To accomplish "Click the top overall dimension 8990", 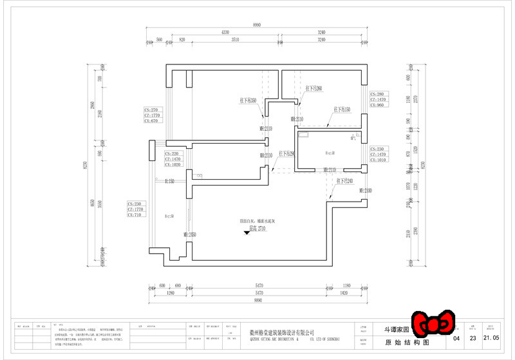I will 257,24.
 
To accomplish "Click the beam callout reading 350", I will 248,100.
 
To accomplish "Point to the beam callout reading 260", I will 314,88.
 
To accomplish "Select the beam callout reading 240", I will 344,182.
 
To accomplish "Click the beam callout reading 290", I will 287,154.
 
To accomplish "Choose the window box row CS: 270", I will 154,110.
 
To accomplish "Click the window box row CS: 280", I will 377,94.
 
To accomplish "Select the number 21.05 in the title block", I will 491,337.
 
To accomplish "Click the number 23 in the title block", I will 473,337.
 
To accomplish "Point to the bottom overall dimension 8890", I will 257,300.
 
